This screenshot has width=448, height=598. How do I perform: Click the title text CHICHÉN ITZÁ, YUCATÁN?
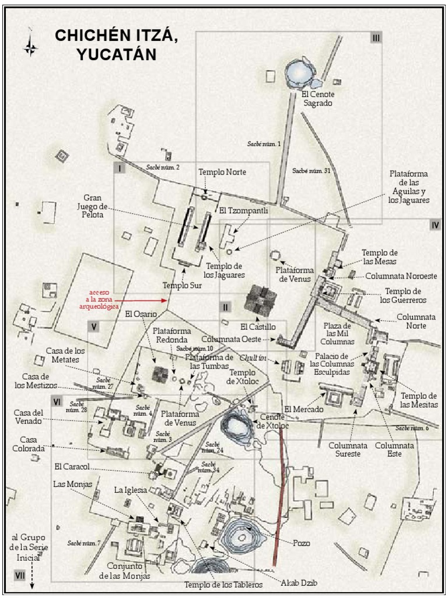click(115, 45)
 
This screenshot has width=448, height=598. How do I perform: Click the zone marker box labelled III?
click(376, 38)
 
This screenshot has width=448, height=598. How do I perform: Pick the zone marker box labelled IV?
click(435, 225)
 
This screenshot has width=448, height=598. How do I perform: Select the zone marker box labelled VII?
click(20, 575)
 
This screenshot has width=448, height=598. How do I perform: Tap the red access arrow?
click(145, 301)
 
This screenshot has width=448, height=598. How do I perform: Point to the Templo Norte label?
click(222, 172)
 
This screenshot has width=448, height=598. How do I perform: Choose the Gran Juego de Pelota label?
click(92, 207)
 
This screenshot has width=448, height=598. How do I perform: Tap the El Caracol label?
click(73, 467)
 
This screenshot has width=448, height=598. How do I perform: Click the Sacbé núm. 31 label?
click(311, 171)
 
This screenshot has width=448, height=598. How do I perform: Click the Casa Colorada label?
click(33, 444)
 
